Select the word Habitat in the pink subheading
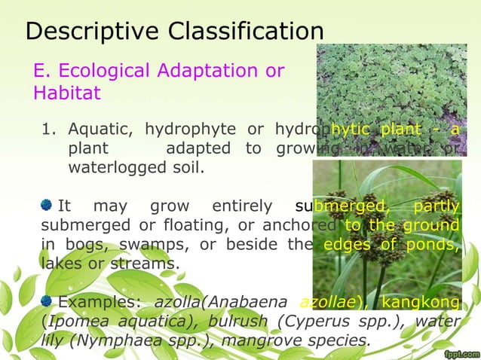click(66, 94)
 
